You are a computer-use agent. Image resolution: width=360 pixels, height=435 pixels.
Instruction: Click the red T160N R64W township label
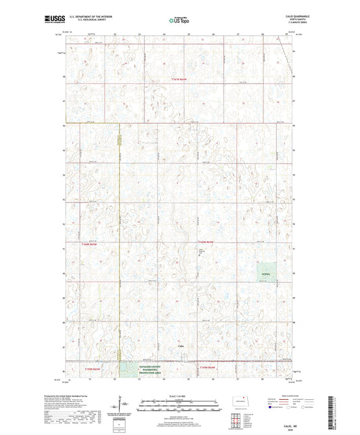(205, 241)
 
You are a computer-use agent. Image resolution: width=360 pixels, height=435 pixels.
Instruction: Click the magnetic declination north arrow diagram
(124, 405)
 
